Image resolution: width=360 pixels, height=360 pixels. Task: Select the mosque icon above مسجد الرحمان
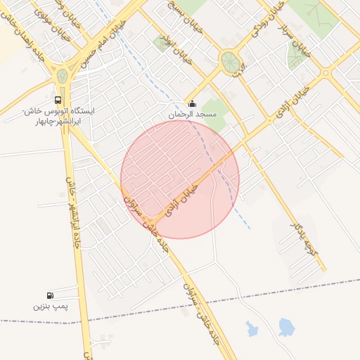tap(192, 104)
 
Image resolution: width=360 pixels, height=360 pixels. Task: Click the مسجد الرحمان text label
tap(192, 114)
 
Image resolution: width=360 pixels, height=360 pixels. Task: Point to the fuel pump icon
tap(49, 296)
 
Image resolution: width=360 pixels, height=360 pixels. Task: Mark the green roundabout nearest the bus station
tap(63, 76)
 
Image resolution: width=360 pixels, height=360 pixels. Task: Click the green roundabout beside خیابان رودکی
tap(229, 61)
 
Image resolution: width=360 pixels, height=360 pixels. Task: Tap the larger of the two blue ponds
tap(285, 327)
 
